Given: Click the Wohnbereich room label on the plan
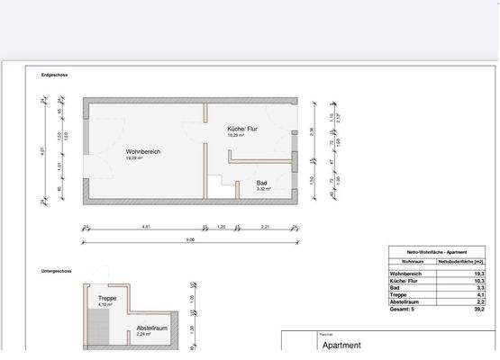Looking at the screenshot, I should (143, 152).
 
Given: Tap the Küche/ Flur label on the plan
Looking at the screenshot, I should (242, 129).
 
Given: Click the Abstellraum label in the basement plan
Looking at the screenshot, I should (152, 328).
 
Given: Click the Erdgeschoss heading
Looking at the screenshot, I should (55, 75).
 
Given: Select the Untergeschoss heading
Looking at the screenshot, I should (58, 270).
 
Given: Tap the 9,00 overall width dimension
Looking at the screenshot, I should (190, 239).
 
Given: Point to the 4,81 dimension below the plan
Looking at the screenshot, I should (146, 227).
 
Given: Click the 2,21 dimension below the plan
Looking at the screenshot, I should (266, 227).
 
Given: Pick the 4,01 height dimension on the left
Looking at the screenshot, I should (42, 151).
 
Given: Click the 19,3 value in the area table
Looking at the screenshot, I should (479, 274).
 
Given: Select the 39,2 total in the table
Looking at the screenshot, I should (479, 309).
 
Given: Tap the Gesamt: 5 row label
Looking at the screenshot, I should (403, 309).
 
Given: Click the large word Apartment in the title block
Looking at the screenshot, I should (341, 345).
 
